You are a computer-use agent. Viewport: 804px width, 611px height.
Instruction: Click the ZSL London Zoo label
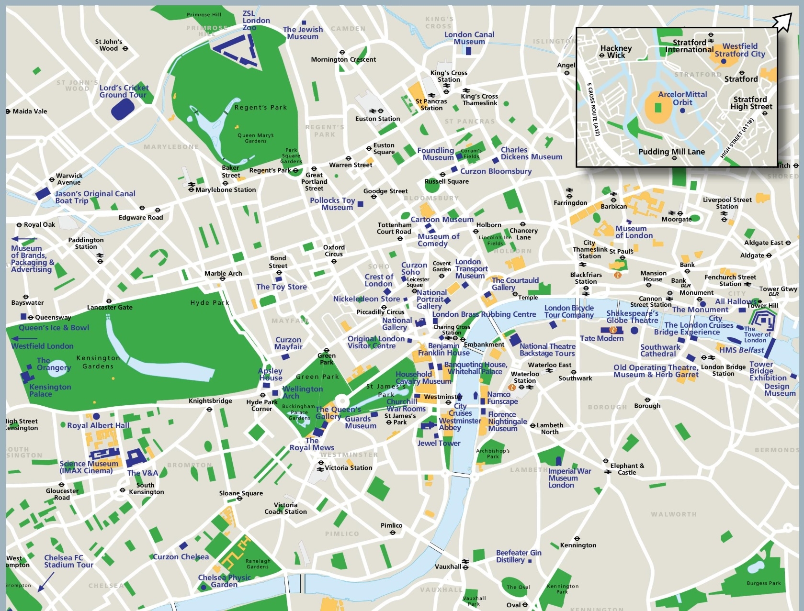pyautogui.click(x=256, y=21)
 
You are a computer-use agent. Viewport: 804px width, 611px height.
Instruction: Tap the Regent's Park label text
pyautogui.click(x=260, y=107)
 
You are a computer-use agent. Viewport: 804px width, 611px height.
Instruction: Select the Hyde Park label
pyautogui.click(x=210, y=302)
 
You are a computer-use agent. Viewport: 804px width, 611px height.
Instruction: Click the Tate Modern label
pyautogui.click(x=601, y=338)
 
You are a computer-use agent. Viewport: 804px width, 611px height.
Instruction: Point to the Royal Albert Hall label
pyautogui.click(x=98, y=425)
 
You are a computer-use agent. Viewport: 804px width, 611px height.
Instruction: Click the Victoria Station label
pyautogui.click(x=348, y=467)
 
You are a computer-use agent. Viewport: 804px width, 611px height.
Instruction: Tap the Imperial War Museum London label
pyautogui.click(x=569, y=478)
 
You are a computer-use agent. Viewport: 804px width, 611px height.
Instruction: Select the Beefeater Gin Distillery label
pyautogui.click(x=518, y=556)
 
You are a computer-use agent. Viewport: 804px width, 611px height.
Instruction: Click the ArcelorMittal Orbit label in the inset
pyautogui.click(x=682, y=98)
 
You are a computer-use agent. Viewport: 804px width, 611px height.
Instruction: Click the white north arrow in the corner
pyautogui.click(x=782, y=22)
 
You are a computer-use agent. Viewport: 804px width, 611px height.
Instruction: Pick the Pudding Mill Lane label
pyautogui.click(x=671, y=152)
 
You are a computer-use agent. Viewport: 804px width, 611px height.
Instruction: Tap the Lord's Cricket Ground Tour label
pyautogui.click(x=124, y=91)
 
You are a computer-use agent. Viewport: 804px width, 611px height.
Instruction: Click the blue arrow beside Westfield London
pyautogui.click(x=24, y=338)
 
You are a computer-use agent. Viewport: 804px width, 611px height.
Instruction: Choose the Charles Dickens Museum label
pyautogui.click(x=531, y=153)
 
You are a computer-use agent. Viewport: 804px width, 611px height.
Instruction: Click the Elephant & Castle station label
pyautogui.click(x=627, y=469)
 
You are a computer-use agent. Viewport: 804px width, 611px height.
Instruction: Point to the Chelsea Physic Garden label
pyautogui.click(x=224, y=581)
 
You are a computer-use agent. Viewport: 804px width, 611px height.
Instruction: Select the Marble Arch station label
pyautogui.click(x=223, y=273)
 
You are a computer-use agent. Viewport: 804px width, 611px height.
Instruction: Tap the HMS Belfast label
pyautogui.click(x=741, y=350)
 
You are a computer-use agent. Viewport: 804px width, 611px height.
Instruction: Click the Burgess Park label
pyautogui.click(x=763, y=583)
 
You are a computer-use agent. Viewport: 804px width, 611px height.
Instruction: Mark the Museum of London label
pyautogui.click(x=634, y=232)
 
